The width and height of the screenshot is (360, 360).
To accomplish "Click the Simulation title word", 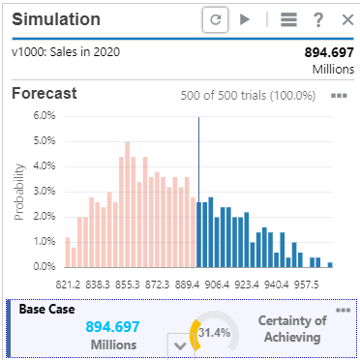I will tap(55, 19).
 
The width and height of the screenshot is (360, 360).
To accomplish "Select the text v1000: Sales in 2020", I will tap(66, 51).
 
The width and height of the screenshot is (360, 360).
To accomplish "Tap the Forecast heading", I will tap(45, 94).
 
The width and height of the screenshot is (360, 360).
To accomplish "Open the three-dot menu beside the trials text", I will tap(338, 96).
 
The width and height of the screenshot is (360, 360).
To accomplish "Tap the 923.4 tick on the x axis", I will tap(247, 285).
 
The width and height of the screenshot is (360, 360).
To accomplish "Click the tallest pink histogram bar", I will tap(127, 204).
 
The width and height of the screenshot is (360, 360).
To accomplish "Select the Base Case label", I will tap(47, 310).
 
